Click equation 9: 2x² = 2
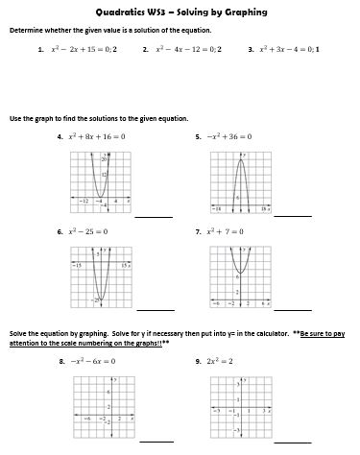(x=224, y=361)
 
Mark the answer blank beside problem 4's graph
(x=154, y=216)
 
